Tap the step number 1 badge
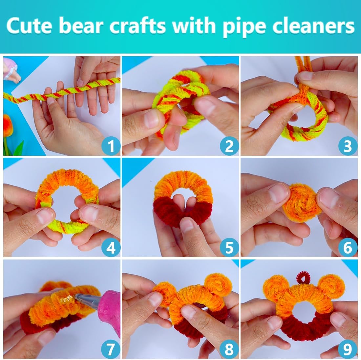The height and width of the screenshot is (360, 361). pos(111,146)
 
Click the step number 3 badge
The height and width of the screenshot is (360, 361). pos(348,146)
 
